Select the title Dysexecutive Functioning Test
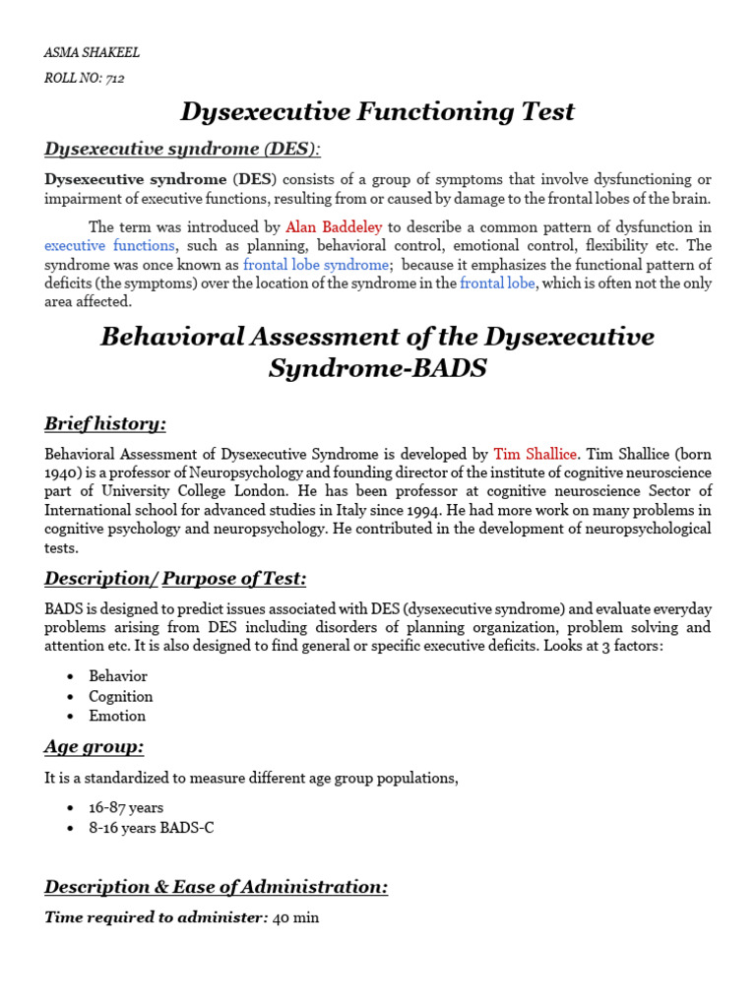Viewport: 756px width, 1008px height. pyautogui.click(x=377, y=111)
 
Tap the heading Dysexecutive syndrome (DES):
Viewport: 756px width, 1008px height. pyautogui.click(x=183, y=149)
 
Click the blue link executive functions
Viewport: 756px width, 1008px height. pyautogui.click(x=109, y=245)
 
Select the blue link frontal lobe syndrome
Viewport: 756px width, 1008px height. pyautogui.click(x=315, y=265)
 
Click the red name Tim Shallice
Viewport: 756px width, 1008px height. pyautogui.click(x=536, y=454)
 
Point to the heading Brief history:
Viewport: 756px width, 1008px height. pyautogui.click(x=105, y=423)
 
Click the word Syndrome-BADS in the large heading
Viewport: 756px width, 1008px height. pyautogui.click(x=377, y=369)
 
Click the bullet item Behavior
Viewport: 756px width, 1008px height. pyautogui.click(x=118, y=676)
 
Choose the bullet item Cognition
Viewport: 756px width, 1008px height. pyautogui.click(x=121, y=696)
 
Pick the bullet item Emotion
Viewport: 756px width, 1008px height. pyautogui.click(x=117, y=716)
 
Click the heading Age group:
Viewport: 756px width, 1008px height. pyautogui.click(x=94, y=746)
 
